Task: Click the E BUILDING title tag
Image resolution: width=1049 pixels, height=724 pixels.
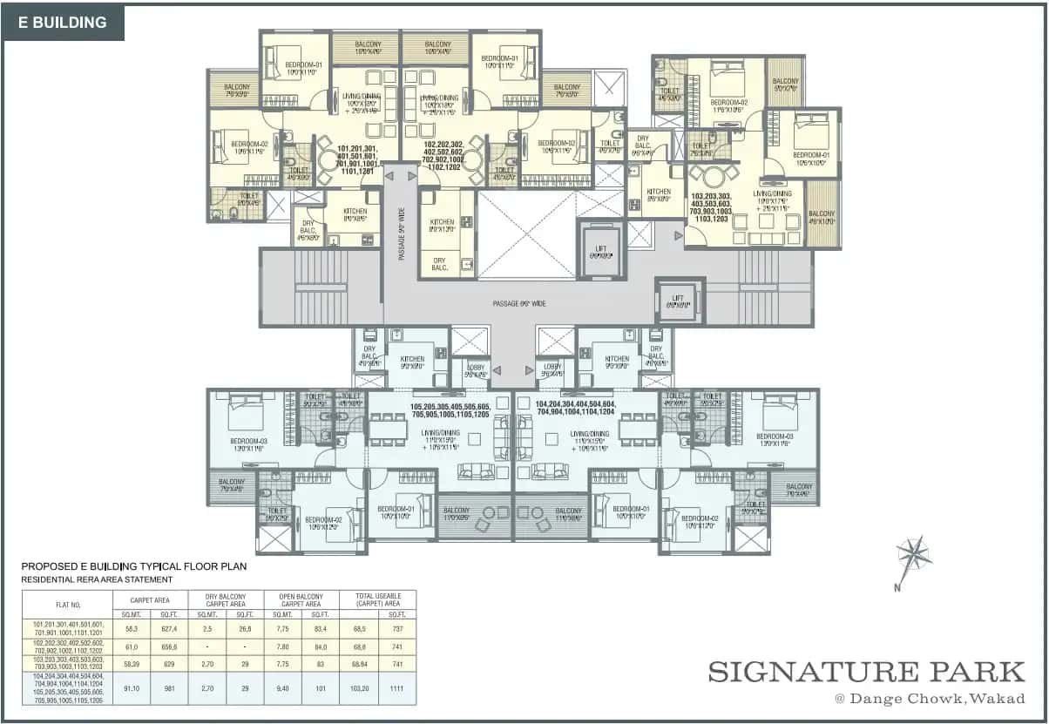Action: pyautogui.click(x=64, y=23)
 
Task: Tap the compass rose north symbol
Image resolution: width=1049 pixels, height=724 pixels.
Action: pyautogui.click(x=913, y=554)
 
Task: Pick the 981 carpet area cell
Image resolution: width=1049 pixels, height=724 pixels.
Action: pyautogui.click(x=168, y=688)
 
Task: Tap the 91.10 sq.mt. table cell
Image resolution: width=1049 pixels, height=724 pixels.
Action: pyautogui.click(x=131, y=688)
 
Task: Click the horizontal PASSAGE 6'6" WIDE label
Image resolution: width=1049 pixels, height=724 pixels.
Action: pyautogui.click(x=519, y=303)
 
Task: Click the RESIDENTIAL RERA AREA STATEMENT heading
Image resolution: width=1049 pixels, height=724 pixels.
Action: pyautogui.click(x=97, y=579)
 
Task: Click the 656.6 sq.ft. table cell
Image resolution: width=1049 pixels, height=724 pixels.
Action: pyautogui.click(x=168, y=647)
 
